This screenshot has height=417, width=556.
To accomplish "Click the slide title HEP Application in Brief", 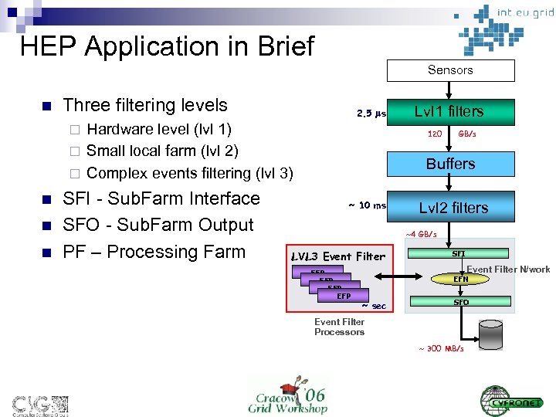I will (x=167, y=46).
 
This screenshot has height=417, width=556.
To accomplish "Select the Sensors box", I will (x=450, y=70).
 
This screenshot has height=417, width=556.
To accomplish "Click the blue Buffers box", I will (x=450, y=164).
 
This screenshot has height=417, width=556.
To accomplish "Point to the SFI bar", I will (x=458, y=253).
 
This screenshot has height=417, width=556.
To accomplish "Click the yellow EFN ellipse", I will (x=460, y=279).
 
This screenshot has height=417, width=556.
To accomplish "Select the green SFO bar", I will (x=460, y=302).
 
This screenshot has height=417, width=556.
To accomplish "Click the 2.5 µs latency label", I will (x=371, y=114).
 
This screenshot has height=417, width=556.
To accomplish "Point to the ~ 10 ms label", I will (x=367, y=205).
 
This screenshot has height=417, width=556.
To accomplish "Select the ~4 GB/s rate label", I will (x=421, y=234).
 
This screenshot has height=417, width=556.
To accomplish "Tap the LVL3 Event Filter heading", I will (x=337, y=256).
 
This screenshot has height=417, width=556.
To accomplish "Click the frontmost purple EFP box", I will (x=344, y=296).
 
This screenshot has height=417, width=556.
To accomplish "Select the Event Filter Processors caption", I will (x=339, y=327).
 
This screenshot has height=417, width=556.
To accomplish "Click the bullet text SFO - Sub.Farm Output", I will (x=158, y=225).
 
